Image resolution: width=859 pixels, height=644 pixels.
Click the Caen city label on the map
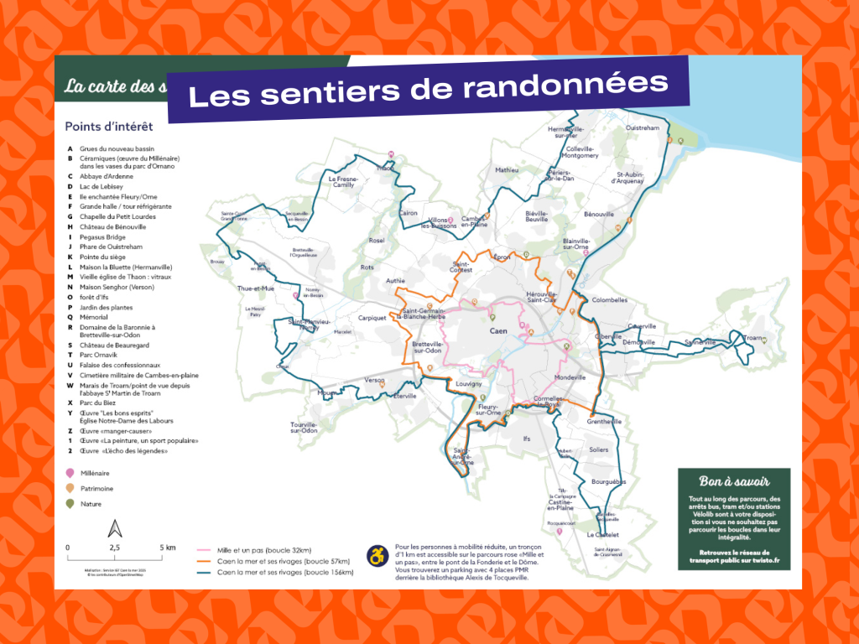tap(499, 331)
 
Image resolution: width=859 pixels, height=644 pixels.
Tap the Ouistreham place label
tap(643, 128)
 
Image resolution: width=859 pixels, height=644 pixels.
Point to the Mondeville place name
tap(570, 377)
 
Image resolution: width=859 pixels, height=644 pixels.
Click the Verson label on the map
tap(375, 380)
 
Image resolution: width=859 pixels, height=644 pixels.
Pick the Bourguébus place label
tap(608, 481)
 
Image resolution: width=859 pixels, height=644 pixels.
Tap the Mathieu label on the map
tap(507, 169)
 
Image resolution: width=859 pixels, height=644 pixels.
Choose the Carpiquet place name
tap(371, 318)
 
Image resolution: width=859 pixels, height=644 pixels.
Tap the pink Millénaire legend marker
tap(70, 473)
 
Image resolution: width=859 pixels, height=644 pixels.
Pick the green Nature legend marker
tap(70, 503)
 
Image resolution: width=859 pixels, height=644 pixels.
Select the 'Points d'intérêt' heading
tap(109, 127)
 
